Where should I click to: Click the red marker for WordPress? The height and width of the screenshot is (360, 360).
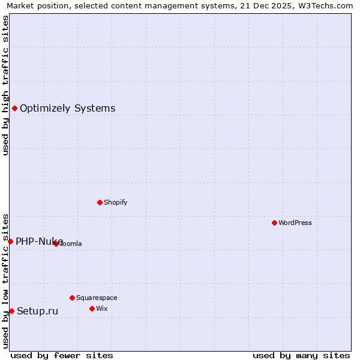274,223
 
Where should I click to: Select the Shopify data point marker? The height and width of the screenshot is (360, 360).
100,202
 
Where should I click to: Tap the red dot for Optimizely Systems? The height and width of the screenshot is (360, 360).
14,108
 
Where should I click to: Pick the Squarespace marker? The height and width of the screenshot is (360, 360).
72,298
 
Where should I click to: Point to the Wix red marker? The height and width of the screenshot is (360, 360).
92,308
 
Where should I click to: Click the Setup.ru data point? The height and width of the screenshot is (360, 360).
11,311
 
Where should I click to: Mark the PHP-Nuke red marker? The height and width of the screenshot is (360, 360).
10,241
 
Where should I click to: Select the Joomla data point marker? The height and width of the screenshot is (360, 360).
56,244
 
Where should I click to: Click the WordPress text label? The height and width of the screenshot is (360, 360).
295,223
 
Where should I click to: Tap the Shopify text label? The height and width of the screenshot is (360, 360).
116,202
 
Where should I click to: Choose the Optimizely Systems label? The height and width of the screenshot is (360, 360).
68,108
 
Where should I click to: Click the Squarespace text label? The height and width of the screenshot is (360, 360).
97,298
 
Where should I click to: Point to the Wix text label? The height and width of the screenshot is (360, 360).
101,308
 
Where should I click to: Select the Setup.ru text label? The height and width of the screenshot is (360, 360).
37,311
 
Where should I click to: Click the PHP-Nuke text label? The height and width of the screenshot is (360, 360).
39,241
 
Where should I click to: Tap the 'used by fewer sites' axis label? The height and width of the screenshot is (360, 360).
62,355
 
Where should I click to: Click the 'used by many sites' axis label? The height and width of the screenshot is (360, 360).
301,355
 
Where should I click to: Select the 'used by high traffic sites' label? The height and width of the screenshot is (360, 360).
5,85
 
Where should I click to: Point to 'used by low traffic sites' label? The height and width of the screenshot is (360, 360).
5,280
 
